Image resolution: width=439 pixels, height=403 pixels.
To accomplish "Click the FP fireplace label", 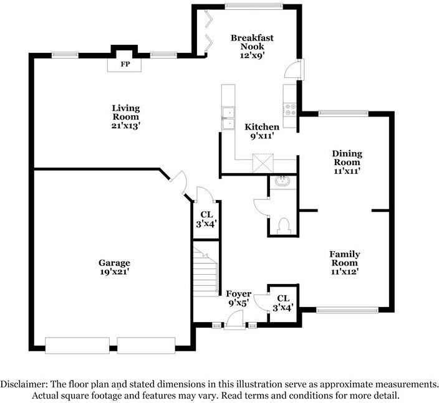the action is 125,64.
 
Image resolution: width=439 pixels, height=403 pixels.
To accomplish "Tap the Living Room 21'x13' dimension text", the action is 126,126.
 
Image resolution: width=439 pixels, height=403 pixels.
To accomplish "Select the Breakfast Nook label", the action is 252,42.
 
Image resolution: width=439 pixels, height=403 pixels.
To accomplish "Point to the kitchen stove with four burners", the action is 290,110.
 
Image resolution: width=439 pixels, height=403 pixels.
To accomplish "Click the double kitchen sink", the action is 228,118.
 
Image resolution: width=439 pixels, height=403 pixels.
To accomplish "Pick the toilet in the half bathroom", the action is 284,225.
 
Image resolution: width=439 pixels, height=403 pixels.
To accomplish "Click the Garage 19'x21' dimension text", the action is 114,272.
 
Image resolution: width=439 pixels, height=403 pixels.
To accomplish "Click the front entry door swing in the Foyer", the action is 234,320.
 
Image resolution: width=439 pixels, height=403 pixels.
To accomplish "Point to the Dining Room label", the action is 347,158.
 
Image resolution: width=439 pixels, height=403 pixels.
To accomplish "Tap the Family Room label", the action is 345,258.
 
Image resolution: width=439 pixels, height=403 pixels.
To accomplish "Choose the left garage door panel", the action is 77,346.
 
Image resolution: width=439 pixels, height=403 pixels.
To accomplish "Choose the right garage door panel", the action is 146,346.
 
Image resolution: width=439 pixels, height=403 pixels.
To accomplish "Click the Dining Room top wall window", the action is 344,113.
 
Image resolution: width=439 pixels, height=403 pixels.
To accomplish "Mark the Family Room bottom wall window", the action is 347,310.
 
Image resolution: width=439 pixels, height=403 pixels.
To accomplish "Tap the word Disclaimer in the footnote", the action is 24,384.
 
